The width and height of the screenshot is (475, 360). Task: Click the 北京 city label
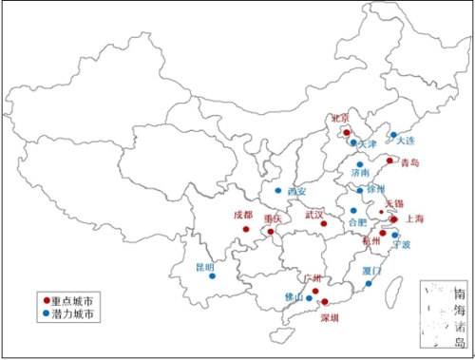click(339, 118)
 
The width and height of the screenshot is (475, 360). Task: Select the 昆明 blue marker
click(212, 276)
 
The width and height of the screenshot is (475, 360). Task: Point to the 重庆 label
click(274, 218)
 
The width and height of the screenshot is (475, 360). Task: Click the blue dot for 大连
click(393, 135)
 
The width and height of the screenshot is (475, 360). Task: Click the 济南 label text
click(360, 175)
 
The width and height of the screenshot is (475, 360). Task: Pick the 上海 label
click(414, 218)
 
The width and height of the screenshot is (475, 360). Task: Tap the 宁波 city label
click(401, 244)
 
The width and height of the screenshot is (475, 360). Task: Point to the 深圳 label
click(331, 317)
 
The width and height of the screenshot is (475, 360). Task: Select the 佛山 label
click(294, 297)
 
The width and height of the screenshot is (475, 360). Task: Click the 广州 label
click(313, 278)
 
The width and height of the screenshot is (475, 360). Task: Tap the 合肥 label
click(356, 222)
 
